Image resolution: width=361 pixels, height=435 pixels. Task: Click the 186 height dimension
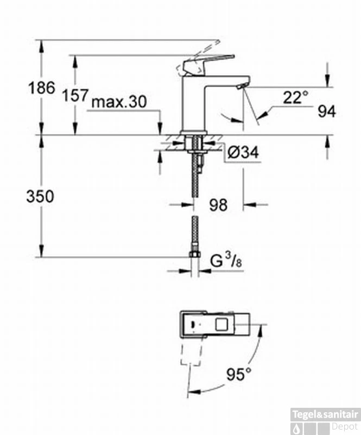(42, 87)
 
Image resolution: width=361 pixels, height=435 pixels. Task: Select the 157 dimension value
(74, 96)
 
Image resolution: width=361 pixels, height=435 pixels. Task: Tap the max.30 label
(119, 102)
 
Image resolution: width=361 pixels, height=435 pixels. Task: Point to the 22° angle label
(295, 97)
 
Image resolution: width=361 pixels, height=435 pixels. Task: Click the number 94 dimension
(327, 111)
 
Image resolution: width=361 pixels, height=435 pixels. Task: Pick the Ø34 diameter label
(242, 154)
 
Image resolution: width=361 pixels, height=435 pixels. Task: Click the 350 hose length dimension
(40, 196)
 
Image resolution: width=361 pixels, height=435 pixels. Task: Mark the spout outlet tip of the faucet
(241, 86)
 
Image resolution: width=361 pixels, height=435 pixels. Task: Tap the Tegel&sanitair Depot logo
(325, 420)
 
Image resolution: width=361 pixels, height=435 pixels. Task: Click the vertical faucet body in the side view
(194, 103)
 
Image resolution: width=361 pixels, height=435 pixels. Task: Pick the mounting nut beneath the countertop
(194, 145)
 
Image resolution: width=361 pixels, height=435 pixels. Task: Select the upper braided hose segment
(194, 185)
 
